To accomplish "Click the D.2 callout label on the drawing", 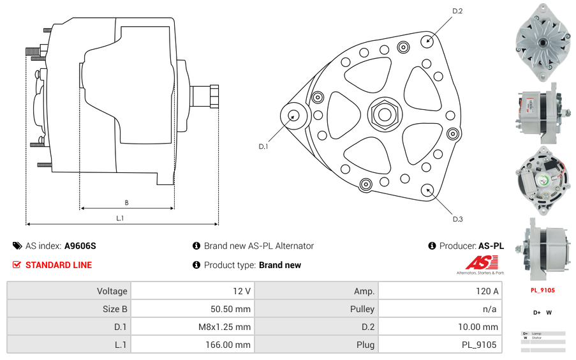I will point(457,11).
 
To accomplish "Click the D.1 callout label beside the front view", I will point(263,147).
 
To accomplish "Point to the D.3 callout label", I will point(457,219).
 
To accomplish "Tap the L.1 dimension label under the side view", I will point(120,218).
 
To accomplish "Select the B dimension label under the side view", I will point(126,203).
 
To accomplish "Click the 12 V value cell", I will point(192,291).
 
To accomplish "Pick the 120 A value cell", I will point(440,291).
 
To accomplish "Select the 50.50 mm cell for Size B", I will point(192,309).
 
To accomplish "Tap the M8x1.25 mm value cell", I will point(192,327).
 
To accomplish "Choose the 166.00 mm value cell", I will point(192,345).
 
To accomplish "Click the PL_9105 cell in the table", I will point(440,345).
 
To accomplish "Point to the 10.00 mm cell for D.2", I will point(440,327).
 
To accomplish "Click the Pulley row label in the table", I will point(316,309).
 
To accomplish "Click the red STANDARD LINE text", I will point(59,265).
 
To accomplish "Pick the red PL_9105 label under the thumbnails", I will point(543,290).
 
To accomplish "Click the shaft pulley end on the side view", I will point(205,96).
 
